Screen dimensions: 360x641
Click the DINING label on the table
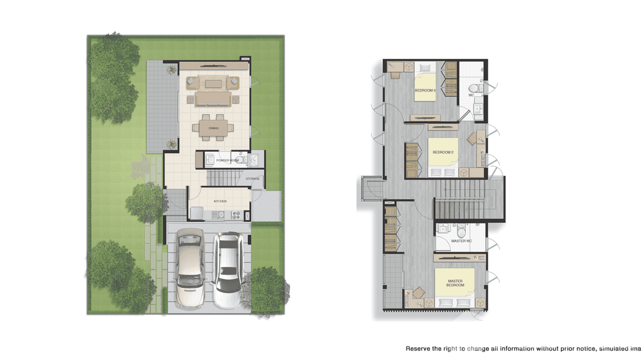point(214,128)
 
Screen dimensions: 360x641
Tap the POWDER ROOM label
point(227,160)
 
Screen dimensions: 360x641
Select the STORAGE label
point(253,179)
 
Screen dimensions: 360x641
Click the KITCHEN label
point(220,201)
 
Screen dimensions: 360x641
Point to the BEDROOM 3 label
point(425,90)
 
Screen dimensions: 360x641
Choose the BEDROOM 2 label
point(443,152)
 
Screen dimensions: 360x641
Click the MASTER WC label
point(461,241)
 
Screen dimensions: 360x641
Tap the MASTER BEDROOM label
point(455,283)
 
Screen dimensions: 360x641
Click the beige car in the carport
point(190,267)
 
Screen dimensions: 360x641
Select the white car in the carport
point(228,269)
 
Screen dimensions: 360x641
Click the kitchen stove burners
point(235,216)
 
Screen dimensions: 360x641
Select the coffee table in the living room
point(213,84)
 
